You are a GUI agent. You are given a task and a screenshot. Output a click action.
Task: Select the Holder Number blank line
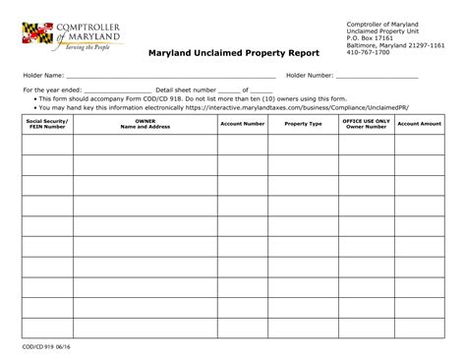click(379, 76)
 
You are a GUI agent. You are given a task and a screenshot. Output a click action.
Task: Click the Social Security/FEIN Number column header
click(46, 125)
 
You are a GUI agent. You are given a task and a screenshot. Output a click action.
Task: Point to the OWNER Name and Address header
click(145, 125)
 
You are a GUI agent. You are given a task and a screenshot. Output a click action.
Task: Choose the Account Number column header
click(242, 124)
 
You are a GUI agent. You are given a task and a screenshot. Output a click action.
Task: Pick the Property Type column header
click(303, 124)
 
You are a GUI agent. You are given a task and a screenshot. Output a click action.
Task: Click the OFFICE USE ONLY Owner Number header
click(366, 125)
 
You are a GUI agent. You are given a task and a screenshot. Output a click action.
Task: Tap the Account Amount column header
click(419, 124)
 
